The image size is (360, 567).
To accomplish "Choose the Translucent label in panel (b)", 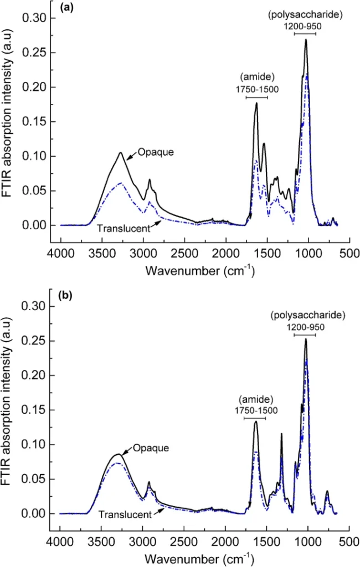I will [x=125, y=514].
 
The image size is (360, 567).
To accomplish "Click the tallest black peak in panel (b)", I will [x=306, y=339].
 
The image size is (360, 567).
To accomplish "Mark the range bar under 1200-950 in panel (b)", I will [x=305, y=335].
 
